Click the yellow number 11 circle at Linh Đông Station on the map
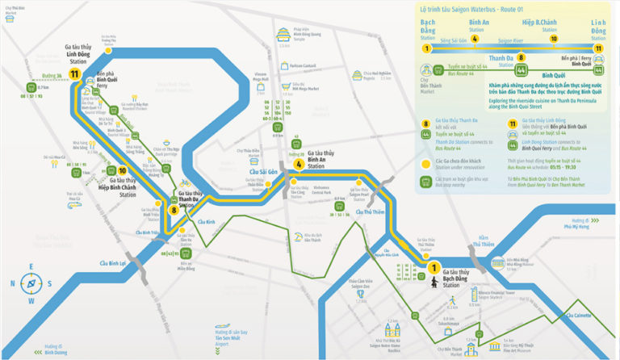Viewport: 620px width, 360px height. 74,75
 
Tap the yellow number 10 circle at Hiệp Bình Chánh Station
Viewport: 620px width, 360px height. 122,170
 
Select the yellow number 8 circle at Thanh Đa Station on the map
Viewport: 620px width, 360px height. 174,210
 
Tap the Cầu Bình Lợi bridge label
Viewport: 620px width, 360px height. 113,263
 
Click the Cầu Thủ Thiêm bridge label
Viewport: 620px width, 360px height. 370,212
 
